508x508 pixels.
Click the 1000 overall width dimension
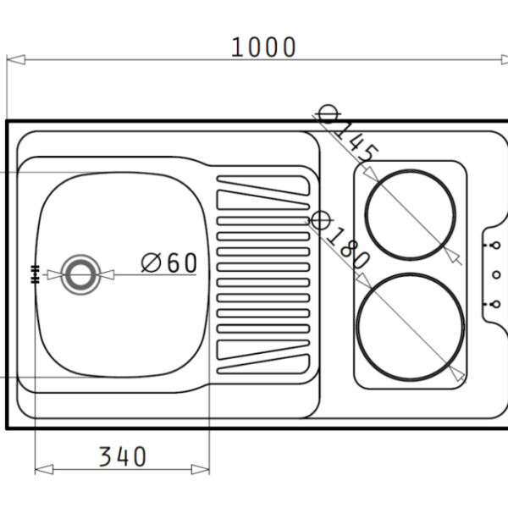264,47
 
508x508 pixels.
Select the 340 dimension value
123,457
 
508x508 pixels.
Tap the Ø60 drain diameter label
169,263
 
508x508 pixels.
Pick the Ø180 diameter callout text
340,243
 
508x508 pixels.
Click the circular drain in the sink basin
80,274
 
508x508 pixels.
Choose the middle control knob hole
496,274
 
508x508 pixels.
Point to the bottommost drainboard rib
262,367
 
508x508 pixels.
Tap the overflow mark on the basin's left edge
35,273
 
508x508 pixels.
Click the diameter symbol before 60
152,263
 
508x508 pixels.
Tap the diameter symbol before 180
319,222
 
